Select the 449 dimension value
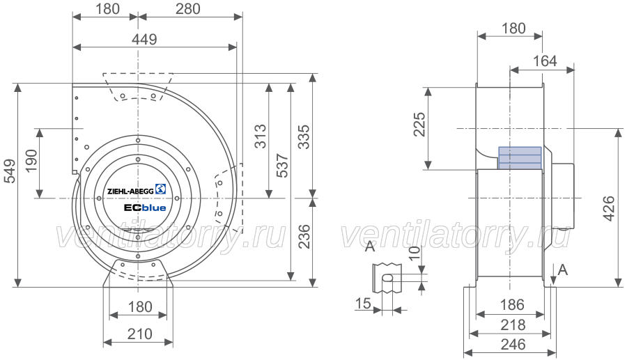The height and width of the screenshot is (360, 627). tap(144, 39)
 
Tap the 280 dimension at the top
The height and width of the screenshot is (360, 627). tap(187, 9)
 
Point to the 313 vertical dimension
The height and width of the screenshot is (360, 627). tap(261, 136)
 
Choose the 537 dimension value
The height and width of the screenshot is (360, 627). tap(282, 166)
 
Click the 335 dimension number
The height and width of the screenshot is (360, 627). tap(304, 136)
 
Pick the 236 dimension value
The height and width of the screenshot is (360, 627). tap(304, 237)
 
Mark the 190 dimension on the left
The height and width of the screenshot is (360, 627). tap(31, 160)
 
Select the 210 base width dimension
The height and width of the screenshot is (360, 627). tap(139, 334)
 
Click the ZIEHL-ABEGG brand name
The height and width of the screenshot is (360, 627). tap(130, 191)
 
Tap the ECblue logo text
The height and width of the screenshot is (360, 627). tap(145, 208)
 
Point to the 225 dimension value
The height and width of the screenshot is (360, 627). tap(419, 124)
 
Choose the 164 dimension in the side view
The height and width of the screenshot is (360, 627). tap(545, 61)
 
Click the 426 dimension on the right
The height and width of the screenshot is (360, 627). tap(609, 208)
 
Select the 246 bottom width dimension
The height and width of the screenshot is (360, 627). tap(513, 345)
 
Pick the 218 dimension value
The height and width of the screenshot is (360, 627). tap(513, 325)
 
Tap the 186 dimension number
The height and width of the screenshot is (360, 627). tap(512, 305)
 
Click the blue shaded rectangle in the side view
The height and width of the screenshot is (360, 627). tap(520, 158)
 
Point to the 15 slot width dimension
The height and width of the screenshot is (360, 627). tap(363, 304)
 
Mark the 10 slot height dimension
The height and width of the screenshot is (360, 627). tap(415, 253)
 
